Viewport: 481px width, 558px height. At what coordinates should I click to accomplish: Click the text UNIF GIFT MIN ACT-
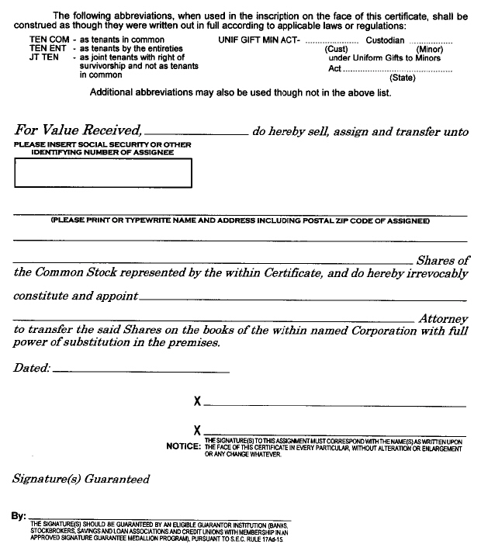pyautogui.click(x=260, y=40)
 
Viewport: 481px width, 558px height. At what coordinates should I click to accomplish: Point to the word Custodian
pyautogui.click(x=385, y=40)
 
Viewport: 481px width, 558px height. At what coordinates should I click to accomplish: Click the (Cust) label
pyautogui.click(x=336, y=49)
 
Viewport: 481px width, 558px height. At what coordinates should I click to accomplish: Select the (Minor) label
pyautogui.click(x=429, y=49)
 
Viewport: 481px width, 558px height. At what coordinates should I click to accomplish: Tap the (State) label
pyautogui.click(x=403, y=77)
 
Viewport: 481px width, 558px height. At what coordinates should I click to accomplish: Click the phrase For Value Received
pyautogui.click(x=78, y=130)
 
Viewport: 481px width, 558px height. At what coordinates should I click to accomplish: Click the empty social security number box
pyautogui.click(x=102, y=173)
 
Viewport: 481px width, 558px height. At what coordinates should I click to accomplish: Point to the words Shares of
pyautogui.click(x=442, y=261)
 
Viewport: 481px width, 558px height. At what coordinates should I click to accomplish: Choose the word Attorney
pyautogui.click(x=443, y=318)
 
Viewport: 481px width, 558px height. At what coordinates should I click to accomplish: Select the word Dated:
pyautogui.click(x=32, y=368)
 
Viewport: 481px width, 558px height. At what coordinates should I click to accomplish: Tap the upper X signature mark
pyautogui.click(x=198, y=402)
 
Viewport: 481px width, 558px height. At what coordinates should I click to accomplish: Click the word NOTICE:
pyautogui.click(x=183, y=446)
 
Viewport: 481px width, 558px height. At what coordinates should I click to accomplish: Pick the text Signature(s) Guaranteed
pyautogui.click(x=81, y=479)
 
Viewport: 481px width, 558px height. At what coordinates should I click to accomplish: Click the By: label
pyautogui.click(x=19, y=515)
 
